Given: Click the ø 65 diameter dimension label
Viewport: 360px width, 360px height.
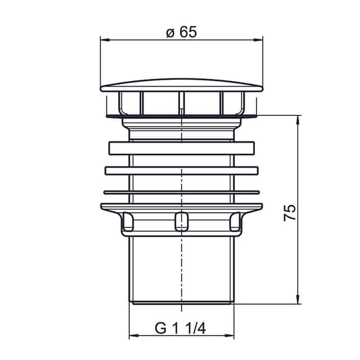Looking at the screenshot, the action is click(181, 31).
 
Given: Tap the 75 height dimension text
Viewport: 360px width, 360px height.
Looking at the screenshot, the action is click(290, 213).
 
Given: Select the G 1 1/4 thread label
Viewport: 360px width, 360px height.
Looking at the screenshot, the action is click(180, 328).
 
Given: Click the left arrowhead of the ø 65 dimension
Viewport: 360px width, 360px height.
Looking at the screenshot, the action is click(105, 40).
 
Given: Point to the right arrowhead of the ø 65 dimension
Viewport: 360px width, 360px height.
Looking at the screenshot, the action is click(258, 40).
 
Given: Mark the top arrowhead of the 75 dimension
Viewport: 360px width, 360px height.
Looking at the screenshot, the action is click(298, 120).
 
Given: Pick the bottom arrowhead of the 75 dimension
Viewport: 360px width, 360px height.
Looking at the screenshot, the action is click(298, 299).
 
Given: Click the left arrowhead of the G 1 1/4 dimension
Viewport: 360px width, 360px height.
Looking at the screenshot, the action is click(134, 335).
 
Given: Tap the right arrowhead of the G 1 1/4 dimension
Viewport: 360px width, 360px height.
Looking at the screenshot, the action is click(230, 335).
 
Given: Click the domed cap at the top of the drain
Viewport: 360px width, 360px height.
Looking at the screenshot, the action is click(181, 85).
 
